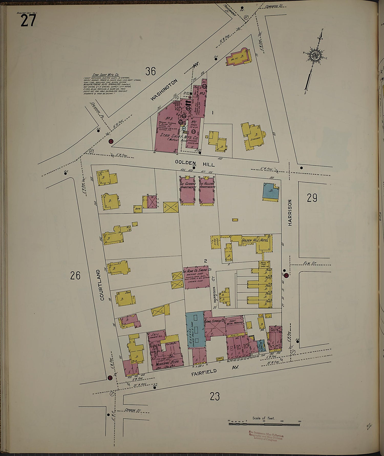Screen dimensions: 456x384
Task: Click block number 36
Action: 151,71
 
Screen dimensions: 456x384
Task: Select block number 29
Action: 312,198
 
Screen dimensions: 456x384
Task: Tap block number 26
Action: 75,276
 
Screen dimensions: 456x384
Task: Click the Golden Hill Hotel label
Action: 255,241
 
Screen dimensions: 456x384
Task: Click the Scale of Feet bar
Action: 264,424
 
